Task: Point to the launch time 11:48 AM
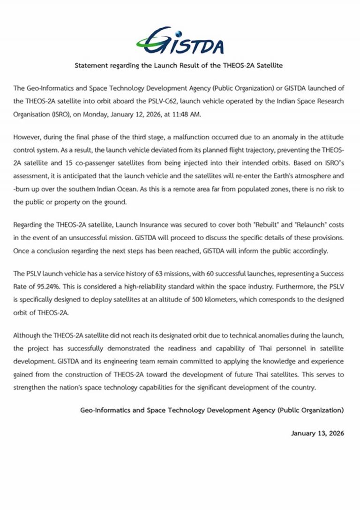[193, 114]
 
